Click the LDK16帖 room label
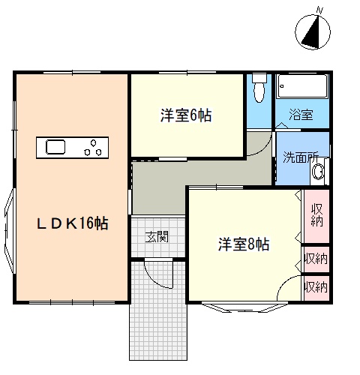(x=73, y=223)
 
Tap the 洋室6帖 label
(x=186, y=115)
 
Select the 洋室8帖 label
(x=244, y=244)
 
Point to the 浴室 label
(x=301, y=115)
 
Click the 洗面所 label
(x=301, y=157)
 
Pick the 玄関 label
(x=157, y=237)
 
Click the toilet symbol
(x=259, y=88)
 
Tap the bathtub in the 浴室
(x=302, y=86)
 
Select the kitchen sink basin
(x=55, y=147)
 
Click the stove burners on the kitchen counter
(x=93, y=148)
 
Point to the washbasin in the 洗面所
(x=318, y=172)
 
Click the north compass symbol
(x=313, y=32)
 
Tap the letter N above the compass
(x=319, y=10)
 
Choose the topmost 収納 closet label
(x=316, y=215)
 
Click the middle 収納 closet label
(x=316, y=259)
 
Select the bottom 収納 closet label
(x=316, y=287)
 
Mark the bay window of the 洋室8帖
(x=244, y=307)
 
